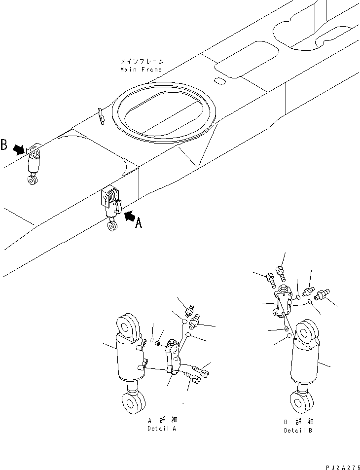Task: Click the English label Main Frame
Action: pyautogui.click(x=141, y=70)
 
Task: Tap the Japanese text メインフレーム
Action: pyautogui.click(x=142, y=62)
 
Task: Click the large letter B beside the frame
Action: pyautogui.click(x=4, y=145)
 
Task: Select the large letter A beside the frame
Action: pyautogui.click(x=139, y=222)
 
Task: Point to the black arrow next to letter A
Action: pyautogui.click(x=130, y=216)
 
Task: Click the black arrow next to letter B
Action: pyautogui.click(x=19, y=149)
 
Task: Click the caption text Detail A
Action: pyautogui.click(x=162, y=429)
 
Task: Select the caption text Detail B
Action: pyautogui.click(x=298, y=431)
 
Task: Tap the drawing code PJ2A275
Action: pyautogui.click(x=343, y=468)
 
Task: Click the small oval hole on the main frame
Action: pyautogui.click(x=220, y=80)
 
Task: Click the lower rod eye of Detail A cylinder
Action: pyautogui.click(x=133, y=404)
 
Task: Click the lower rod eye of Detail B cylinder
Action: pyautogui.click(x=301, y=401)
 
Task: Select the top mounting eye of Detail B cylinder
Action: pyautogui.click(x=307, y=333)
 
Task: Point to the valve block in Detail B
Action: pyautogui.click(x=283, y=301)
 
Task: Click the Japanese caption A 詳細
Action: pyautogui.click(x=163, y=420)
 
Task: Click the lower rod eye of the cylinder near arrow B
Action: pyautogui.click(x=33, y=180)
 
